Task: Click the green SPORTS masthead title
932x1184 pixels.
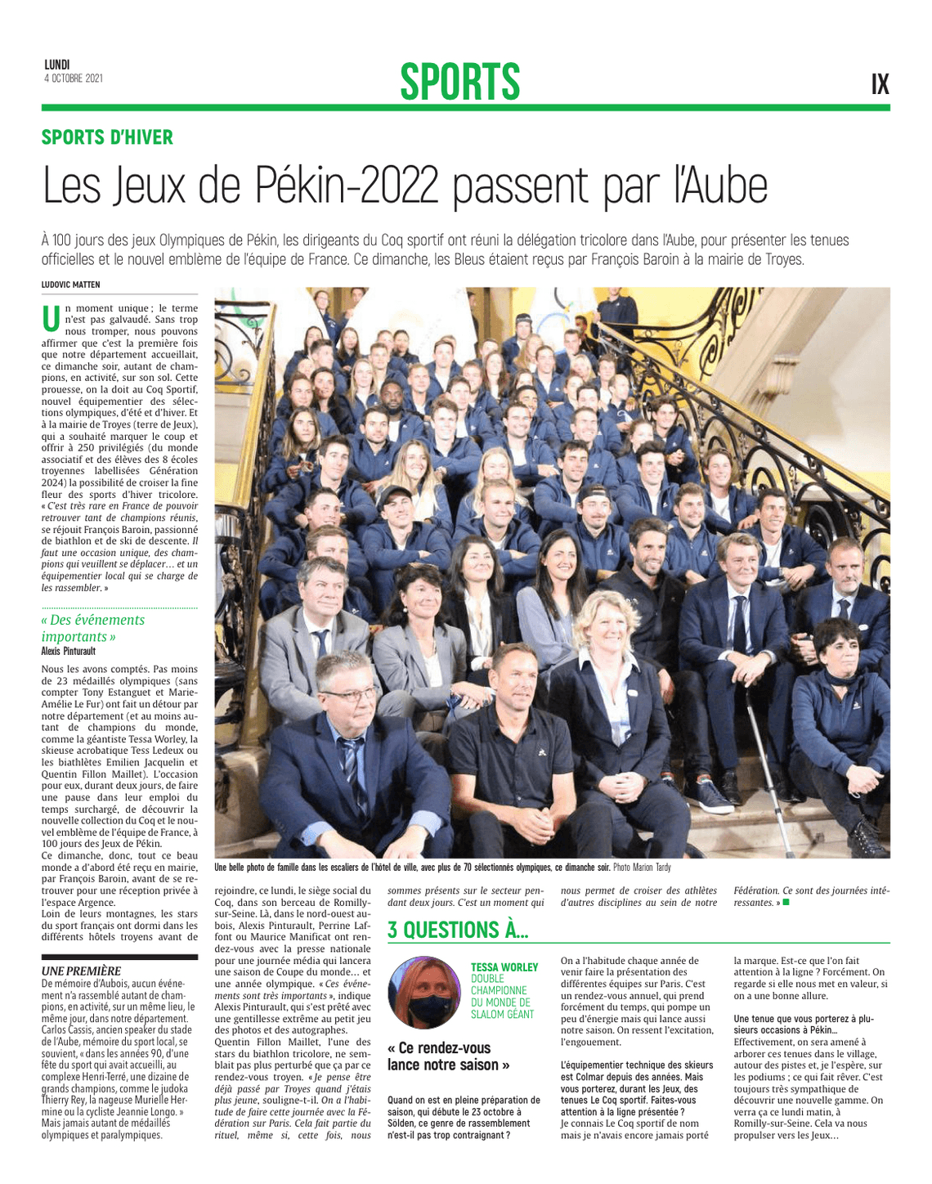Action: tap(459, 82)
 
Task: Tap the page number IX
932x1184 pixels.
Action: tap(880, 84)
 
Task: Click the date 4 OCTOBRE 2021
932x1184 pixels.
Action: tap(74, 78)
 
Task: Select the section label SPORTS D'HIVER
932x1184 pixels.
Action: tap(107, 137)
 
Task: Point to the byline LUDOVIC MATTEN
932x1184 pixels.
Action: tap(71, 285)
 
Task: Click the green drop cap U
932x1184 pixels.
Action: tap(51, 319)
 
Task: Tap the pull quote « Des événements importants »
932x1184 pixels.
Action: tap(92, 628)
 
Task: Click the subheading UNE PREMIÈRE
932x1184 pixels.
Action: tap(81, 971)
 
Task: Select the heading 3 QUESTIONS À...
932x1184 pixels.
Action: tap(457, 930)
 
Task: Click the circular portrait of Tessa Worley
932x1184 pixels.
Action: tap(424, 992)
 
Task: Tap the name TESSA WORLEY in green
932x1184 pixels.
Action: tap(504, 967)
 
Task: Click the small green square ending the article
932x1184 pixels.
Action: tap(786, 903)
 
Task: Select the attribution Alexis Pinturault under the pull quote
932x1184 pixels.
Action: tap(69, 651)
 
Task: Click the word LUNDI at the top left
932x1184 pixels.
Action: tap(57, 65)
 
